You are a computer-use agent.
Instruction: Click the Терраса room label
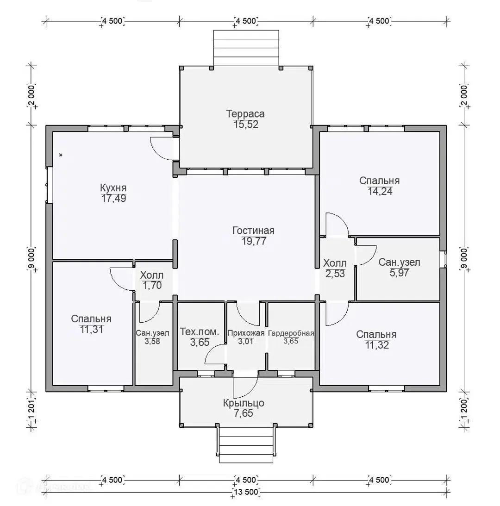[245, 113]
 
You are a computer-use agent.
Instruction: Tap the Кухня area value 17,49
[113, 198]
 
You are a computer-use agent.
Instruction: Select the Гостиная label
[253, 231]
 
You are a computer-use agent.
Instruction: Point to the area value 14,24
[380, 191]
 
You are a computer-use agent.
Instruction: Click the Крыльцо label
[244, 403]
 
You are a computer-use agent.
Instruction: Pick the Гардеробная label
[291, 333]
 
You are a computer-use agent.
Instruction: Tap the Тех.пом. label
[200, 331]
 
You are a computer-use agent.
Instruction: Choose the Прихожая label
[246, 333]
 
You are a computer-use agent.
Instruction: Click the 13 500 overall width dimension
[246, 492]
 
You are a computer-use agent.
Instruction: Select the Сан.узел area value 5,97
[399, 273]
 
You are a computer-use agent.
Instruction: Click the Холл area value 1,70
[152, 285]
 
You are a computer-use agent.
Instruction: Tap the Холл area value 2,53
[335, 274]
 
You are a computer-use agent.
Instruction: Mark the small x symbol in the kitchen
[61, 155]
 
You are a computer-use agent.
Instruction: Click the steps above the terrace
[246, 49]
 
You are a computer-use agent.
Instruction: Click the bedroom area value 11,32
[377, 345]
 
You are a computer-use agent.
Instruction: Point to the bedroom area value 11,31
[92, 330]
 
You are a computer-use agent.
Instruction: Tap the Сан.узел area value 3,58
[152, 341]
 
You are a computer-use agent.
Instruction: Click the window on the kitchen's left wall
[49, 185]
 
